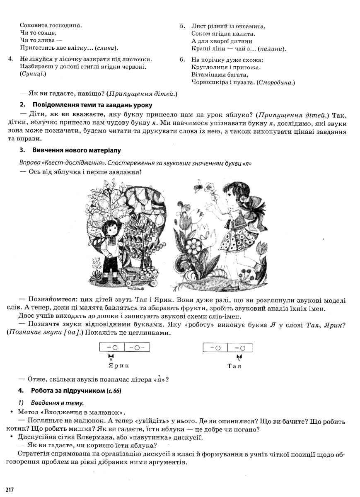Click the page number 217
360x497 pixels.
click(10, 490)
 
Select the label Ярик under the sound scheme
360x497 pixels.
click(118, 366)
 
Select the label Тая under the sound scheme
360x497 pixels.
click(234, 366)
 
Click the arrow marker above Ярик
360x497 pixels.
click(110, 357)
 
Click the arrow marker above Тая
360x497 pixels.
click(239, 357)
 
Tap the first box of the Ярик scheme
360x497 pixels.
click(112, 347)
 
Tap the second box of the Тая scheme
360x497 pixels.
click(240, 347)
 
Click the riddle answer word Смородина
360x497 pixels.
click(276, 82)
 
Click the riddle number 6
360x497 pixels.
click(182, 60)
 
